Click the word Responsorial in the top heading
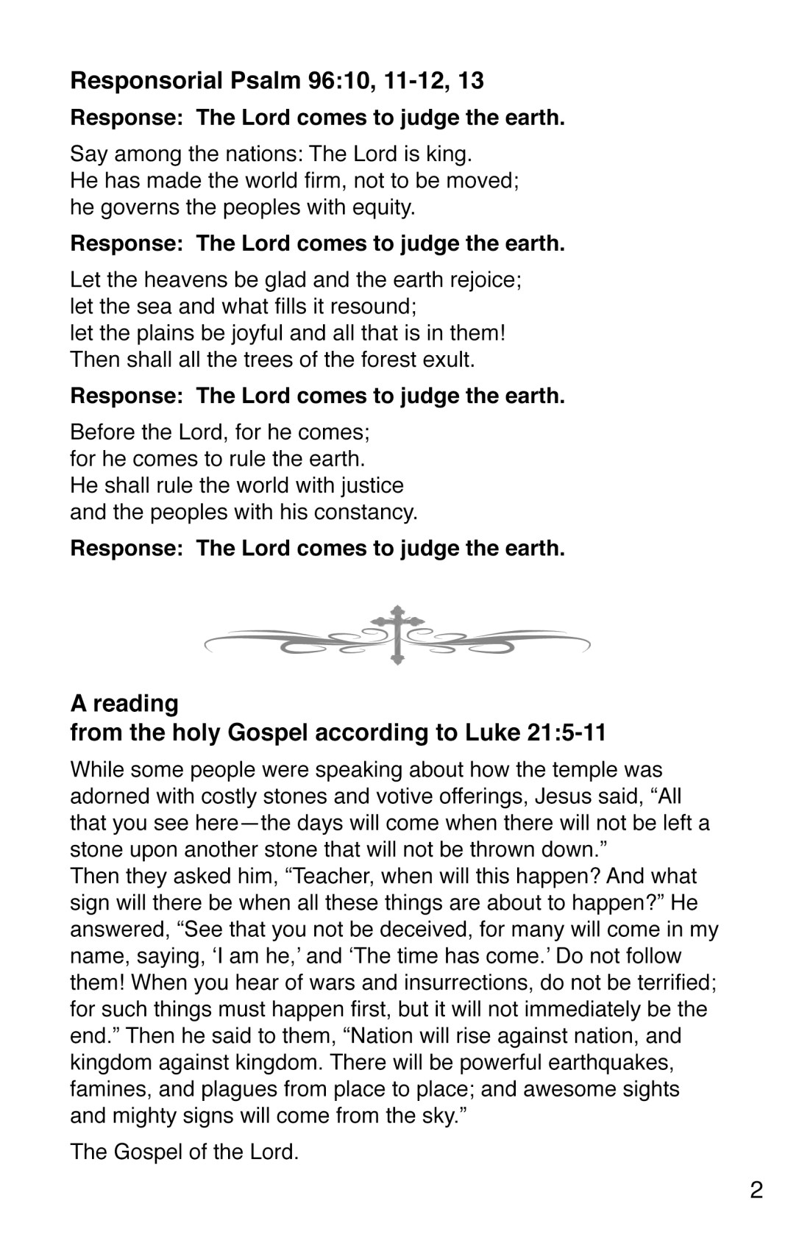[x=146, y=80]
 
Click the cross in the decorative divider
[x=397, y=634]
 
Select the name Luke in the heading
[x=492, y=732]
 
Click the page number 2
[x=756, y=1190]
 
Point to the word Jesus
[x=564, y=796]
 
